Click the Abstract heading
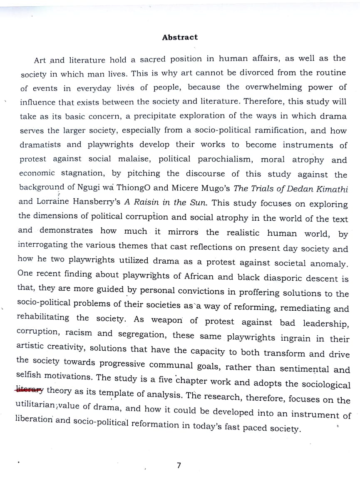pyautogui.click(x=180, y=37)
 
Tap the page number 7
pyautogui.click(x=179, y=465)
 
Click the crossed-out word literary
pyautogui.click(x=29, y=390)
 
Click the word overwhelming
pyautogui.click(x=273, y=87)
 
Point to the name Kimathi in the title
pyautogui.click(x=332, y=189)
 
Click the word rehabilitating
pyautogui.click(x=43, y=317)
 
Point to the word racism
pyautogui.click(x=80, y=333)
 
